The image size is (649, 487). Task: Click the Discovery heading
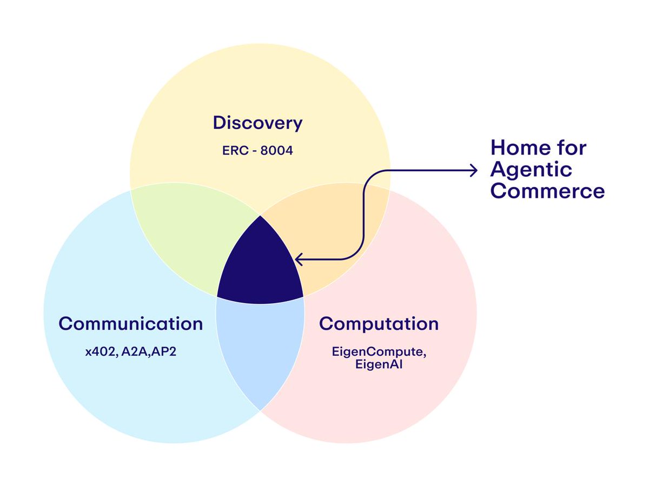257,123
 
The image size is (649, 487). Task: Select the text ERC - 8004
257,150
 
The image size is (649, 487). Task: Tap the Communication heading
130,324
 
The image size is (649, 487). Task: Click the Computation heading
379,324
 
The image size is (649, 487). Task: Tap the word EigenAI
378,365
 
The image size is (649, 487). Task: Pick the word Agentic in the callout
531,169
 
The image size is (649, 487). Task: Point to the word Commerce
547,191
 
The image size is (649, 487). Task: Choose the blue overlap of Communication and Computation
260,346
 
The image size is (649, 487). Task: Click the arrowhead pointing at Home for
474,171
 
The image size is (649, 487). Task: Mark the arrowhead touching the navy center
299,260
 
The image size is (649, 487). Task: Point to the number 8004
276,150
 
